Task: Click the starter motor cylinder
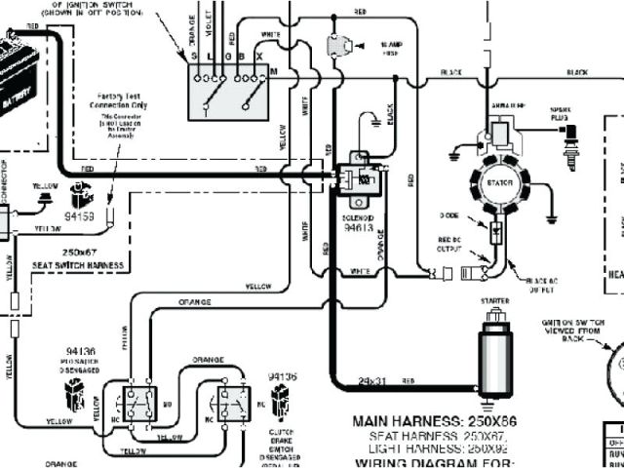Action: [494, 345]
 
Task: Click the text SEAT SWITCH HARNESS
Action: [79, 266]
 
